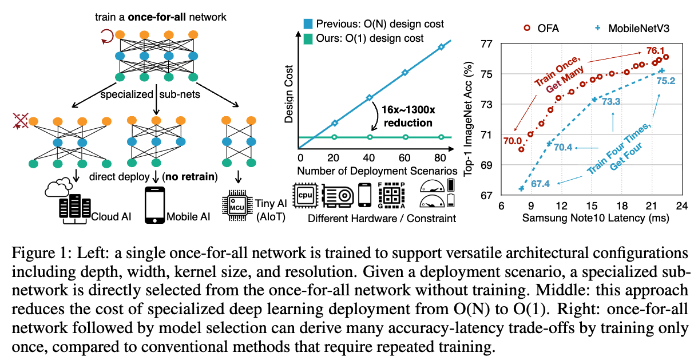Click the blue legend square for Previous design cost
pyautogui.click(x=308, y=24)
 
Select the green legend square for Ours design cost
pyautogui.click(x=308, y=38)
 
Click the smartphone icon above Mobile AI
pyautogui.click(x=152, y=204)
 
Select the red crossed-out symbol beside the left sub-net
pyautogui.click(x=22, y=121)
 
